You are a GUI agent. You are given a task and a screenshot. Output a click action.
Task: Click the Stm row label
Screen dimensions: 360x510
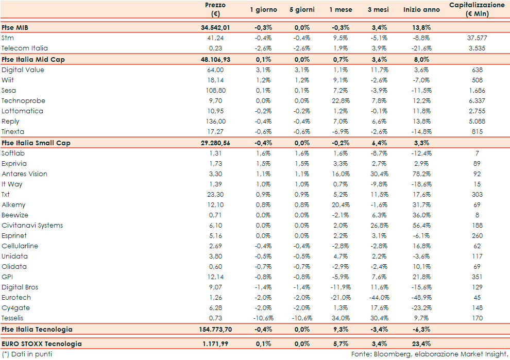(x=7, y=38)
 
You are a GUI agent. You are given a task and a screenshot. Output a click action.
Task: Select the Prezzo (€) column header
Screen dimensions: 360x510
(x=215, y=9)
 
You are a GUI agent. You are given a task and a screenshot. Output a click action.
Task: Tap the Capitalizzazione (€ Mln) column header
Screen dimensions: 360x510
(x=477, y=9)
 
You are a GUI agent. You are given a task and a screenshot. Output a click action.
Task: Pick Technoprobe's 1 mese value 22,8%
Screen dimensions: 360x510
(x=341, y=101)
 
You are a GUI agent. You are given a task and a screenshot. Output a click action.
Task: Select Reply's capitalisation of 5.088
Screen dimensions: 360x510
(x=477, y=122)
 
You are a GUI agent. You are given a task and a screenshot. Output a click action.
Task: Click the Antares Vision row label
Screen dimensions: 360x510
(x=24, y=174)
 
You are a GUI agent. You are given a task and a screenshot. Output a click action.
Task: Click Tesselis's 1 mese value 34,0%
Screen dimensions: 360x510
(x=341, y=318)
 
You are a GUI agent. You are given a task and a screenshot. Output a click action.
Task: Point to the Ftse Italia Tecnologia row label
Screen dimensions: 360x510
(x=37, y=329)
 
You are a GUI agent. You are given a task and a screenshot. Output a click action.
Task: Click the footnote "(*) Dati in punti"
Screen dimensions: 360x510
(x=27, y=354)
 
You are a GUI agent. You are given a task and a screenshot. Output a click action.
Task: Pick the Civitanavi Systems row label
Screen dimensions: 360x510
(x=32, y=226)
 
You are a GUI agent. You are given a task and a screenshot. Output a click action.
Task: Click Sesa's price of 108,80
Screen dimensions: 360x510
(x=215, y=91)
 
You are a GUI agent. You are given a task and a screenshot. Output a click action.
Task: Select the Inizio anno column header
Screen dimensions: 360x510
(x=421, y=10)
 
